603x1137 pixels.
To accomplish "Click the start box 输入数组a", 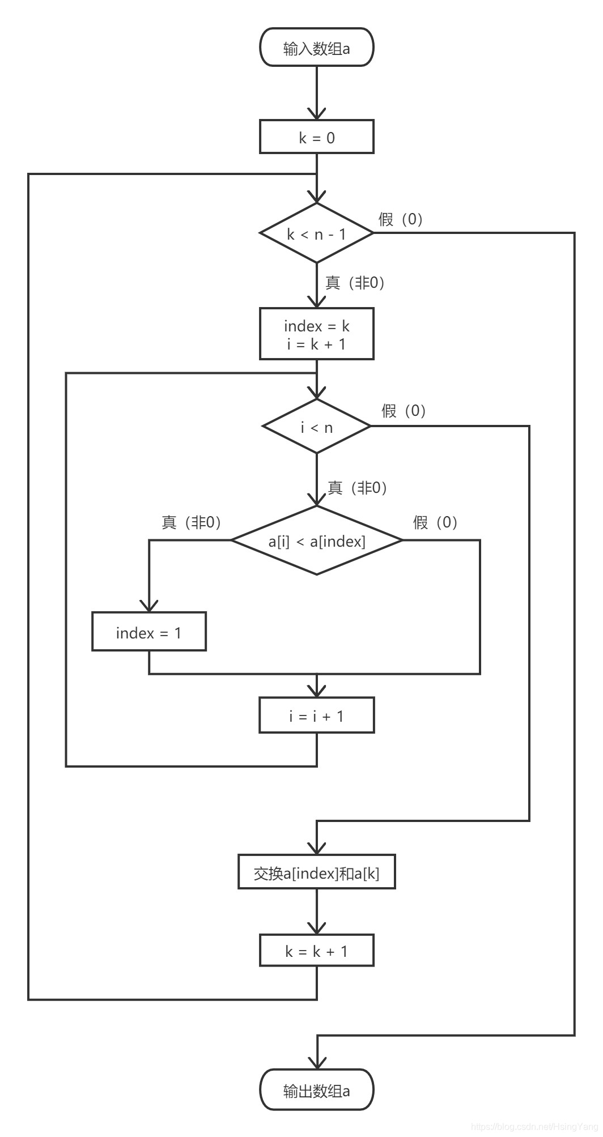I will point(316,48).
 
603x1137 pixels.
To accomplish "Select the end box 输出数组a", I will point(316,1091).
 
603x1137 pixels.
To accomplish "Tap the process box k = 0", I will point(316,137).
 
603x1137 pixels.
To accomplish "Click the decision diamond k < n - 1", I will point(316,233).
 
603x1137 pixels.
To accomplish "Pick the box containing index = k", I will point(316,334).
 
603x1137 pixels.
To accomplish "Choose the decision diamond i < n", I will point(316,427).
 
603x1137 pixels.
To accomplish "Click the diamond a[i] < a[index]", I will point(316,541).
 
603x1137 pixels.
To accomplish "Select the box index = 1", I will point(148,632).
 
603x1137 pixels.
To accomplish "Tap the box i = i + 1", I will point(316,716).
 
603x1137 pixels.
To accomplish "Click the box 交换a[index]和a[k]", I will point(316,873).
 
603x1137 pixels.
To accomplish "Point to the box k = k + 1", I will point(316,951).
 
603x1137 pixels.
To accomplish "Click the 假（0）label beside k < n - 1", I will point(401,219).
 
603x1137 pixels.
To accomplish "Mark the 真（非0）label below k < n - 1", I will point(355,282).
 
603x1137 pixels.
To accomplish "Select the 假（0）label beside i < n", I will point(404,411).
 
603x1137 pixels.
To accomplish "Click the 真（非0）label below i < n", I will point(357,487).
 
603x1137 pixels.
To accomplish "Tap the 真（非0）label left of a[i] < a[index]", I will point(191,522).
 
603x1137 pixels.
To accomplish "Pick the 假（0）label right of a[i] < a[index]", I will point(435,522).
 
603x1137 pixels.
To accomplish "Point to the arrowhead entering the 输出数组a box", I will point(316,1063).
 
